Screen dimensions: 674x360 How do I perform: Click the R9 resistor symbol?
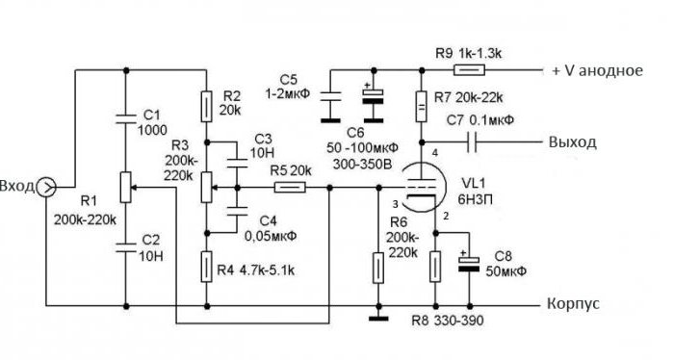[470, 69]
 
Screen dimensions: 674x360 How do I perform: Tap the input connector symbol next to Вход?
[46, 188]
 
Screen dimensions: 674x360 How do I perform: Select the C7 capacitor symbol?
[472, 141]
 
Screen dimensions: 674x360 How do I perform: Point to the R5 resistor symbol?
[290, 188]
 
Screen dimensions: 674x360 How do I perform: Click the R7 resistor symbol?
[422, 106]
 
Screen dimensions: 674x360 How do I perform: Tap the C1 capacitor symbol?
[126, 117]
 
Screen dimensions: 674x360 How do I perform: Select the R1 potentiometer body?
[125, 188]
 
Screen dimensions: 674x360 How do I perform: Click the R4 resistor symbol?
[207, 267]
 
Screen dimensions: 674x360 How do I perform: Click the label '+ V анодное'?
[598, 70]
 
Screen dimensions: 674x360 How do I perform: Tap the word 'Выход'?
[573, 141]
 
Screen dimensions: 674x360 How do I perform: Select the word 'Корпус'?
[573, 304]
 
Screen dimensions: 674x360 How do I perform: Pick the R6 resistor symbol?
[377, 268]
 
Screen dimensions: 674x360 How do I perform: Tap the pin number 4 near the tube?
[435, 153]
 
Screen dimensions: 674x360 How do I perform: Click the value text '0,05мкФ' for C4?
[271, 236]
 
